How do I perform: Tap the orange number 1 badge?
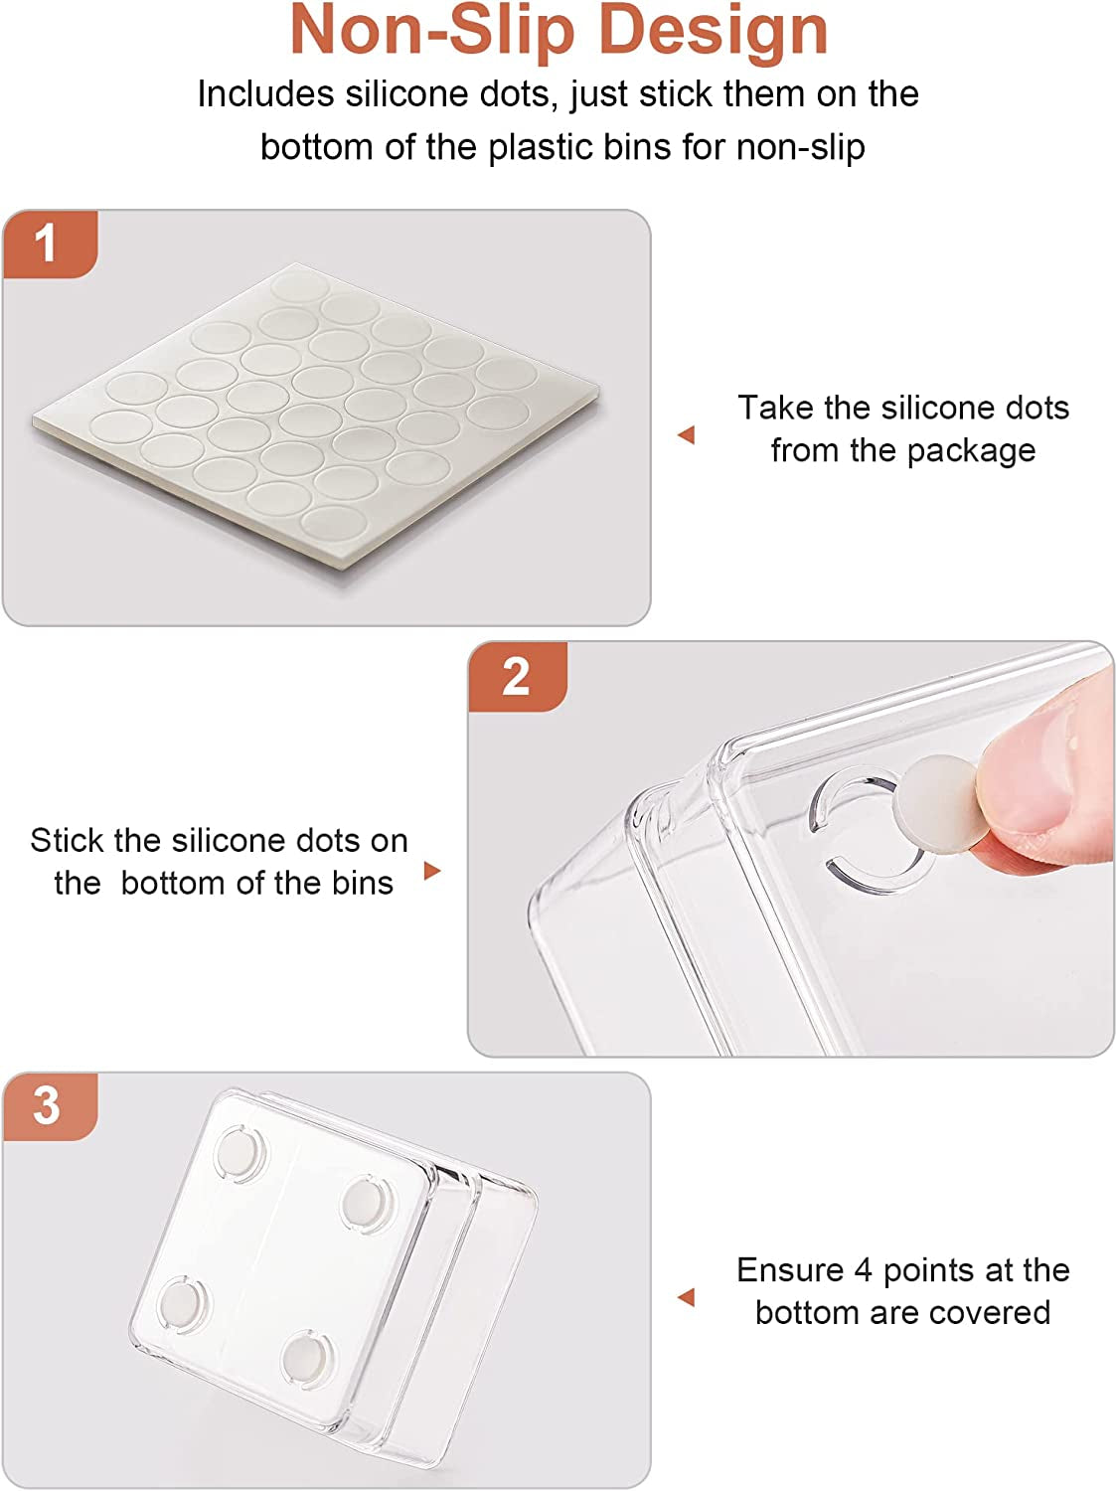coord(51,244)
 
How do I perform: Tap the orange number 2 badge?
coord(518,677)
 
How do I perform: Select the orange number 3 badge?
coord(51,1106)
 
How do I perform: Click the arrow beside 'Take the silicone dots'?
coord(687,434)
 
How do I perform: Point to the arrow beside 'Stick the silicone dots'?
coord(432,870)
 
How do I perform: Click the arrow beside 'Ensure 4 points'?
coord(687,1297)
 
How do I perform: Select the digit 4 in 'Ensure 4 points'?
coord(863,1271)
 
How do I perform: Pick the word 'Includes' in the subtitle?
coord(265,93)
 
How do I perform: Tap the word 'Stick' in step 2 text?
coord(68,841)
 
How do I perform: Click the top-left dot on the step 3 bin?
coord(240,1154)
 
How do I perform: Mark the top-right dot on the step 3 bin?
coord(367,1206)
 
